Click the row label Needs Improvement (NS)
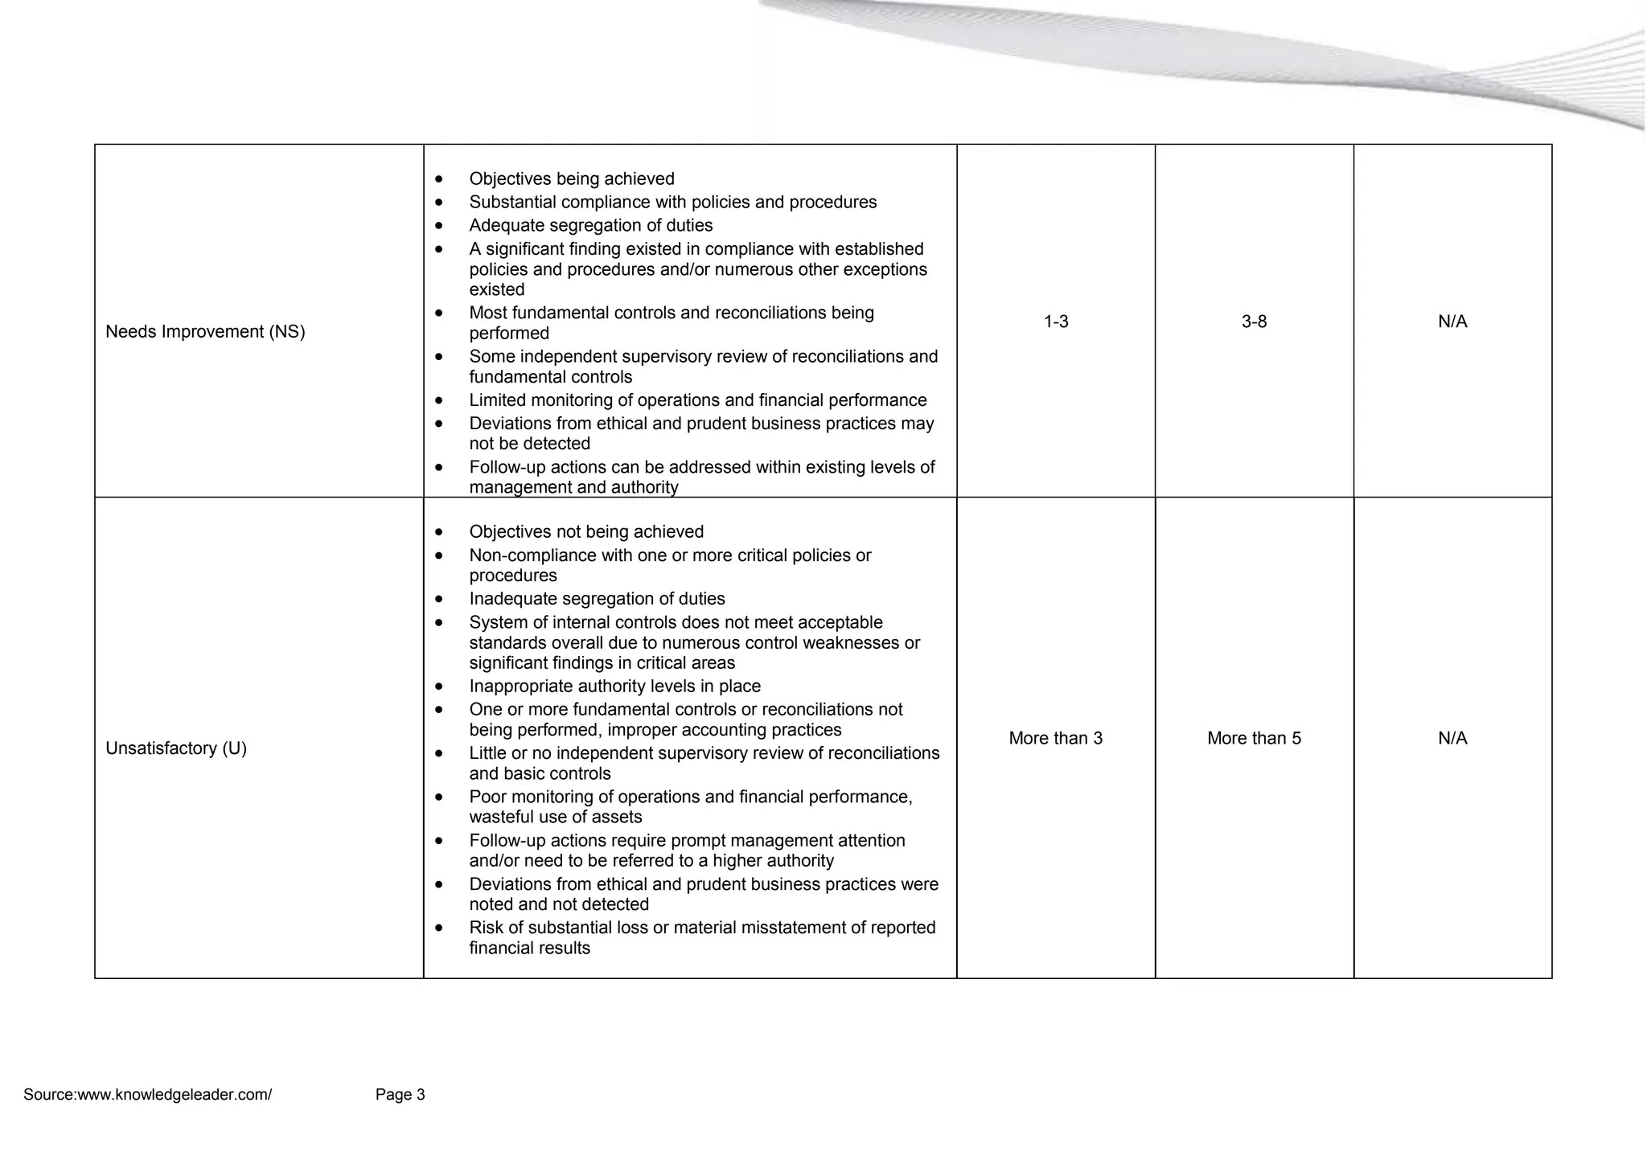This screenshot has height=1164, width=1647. [205, 332]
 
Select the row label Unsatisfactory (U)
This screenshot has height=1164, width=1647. [176, 748]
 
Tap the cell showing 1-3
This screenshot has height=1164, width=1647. [1056, 322]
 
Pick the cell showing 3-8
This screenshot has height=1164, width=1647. [1254, 322]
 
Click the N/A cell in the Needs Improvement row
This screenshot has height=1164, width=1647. [1452, 322]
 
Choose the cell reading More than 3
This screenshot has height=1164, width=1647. [1056, 739]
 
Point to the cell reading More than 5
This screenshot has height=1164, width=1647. [1254, 739]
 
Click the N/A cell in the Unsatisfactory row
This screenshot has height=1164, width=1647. [1452, 739]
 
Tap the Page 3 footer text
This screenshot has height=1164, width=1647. [400, 1095]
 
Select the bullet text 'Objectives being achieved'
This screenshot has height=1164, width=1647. [572, 179]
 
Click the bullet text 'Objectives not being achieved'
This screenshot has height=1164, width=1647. [586, 532]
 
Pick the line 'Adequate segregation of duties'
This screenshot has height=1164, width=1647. [591, 226]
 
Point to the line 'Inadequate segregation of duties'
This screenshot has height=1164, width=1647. [597, 599]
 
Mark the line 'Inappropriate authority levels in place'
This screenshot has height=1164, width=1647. [615, 687]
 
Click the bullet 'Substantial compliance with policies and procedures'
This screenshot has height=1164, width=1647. [673, 203]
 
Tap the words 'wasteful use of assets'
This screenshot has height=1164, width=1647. [556, 818]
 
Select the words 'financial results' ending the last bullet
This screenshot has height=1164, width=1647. [530, 949]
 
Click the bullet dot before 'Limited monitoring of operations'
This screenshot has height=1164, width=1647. [438, 400]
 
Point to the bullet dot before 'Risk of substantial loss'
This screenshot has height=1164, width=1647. [438, 928]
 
